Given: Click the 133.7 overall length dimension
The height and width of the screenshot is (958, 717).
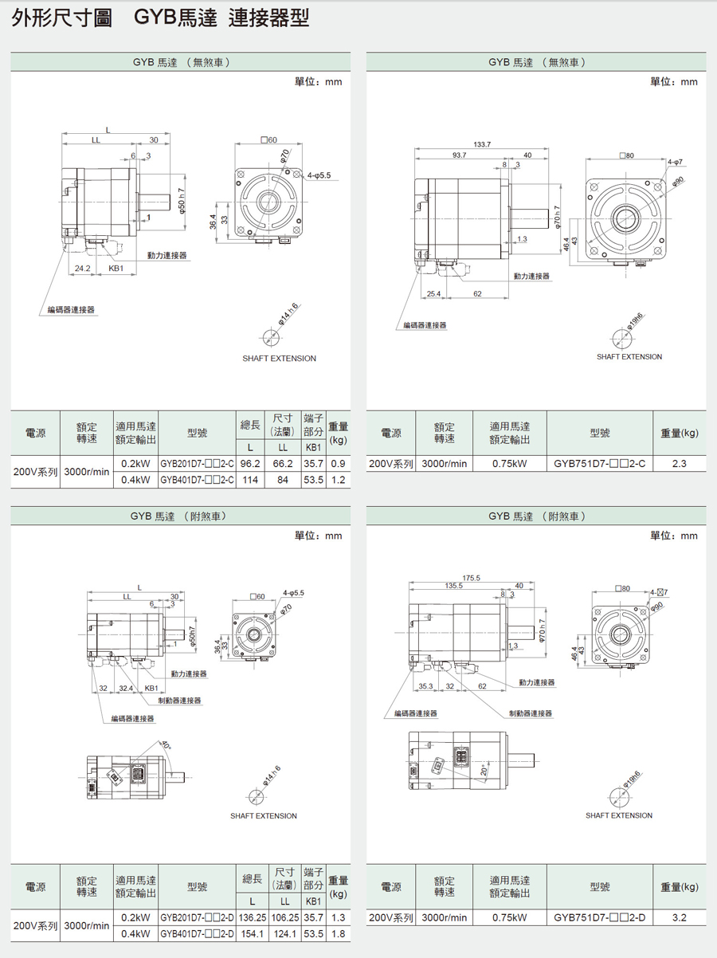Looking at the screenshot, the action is pyautogui.click(x=482, y=144).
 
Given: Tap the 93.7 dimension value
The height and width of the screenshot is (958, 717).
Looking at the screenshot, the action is pyautogui.click(x=459, y=155).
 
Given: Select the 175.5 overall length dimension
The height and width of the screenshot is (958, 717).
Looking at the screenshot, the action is pyautogui.click(x=472, y=578).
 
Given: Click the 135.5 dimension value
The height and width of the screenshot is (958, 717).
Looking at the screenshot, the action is pyautogui.click(x=454, y=586).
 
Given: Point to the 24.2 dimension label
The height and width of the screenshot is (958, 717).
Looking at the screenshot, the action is pyautogui.click(x=82, y=268).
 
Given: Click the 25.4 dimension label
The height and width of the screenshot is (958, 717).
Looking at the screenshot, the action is pyautogui.click(x=434, y=294).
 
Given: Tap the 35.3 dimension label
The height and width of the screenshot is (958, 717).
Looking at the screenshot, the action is pyautogui.click(x=425, y=686).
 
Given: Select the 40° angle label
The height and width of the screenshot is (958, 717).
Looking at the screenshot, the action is pyautogui.click(x=167, y=745).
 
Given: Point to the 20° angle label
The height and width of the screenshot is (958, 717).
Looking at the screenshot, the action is pyautogui.click(x=484, y=770).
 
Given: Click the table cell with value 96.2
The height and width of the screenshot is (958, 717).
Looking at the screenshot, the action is pyautogui.click(x=250, y=464).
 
